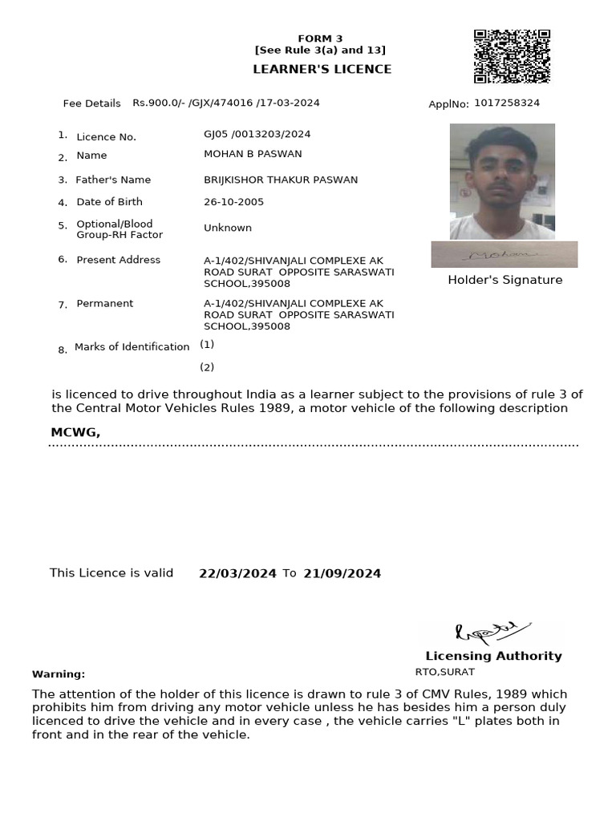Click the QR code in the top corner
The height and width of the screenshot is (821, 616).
click(511, 57)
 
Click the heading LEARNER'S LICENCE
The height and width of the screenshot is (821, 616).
click(322, 69)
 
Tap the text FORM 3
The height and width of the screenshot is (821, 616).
click(320, 38)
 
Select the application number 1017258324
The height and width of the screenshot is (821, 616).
click(506, 103)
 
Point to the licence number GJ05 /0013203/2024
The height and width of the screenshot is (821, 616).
click(257, 135)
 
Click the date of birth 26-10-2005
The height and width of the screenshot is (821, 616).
click(233, 202)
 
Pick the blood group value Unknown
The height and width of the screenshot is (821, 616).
click(228, 228)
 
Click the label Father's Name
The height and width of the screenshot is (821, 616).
click(113, 180)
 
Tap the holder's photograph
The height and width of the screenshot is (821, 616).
click(502, 181)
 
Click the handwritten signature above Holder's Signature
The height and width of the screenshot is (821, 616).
click(504, 254)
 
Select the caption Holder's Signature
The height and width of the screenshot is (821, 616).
click(505, 280)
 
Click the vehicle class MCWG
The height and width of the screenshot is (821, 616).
click(75, 433)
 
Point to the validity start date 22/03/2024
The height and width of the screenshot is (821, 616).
click(237, 573)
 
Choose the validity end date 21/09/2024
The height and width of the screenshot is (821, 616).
click(342, 573)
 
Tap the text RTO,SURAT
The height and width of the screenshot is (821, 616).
click(444, 672)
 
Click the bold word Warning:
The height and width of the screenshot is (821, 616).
click(59, 674)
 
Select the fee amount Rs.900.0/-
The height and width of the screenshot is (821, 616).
click(159, 103)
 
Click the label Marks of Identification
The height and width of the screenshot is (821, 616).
click(132, 347)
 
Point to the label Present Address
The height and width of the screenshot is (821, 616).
click(118, 260)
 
